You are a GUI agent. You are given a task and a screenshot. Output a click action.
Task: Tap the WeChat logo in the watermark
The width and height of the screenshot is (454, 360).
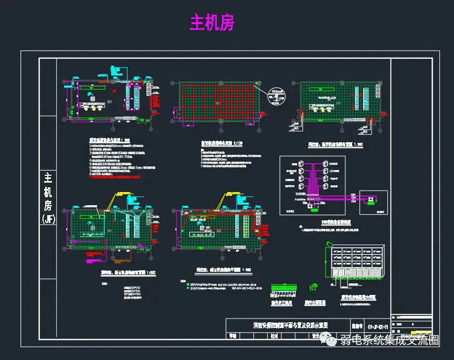(x=332, y=342)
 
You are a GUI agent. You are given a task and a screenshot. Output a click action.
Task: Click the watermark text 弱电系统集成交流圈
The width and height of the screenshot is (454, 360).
(x=389, y=342)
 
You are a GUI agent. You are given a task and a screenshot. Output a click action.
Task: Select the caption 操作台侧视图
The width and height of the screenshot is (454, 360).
(x=315, y=303)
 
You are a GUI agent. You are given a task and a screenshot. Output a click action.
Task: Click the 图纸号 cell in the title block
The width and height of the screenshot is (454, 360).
(x=357, y=325)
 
